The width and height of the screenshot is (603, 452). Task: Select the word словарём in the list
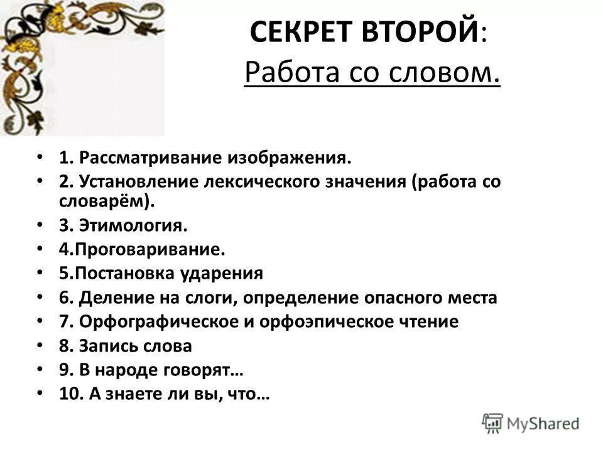tap(100, 201)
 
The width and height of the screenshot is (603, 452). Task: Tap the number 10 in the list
tap(67, 394)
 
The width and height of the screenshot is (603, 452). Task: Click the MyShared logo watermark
tap(530, 422)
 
